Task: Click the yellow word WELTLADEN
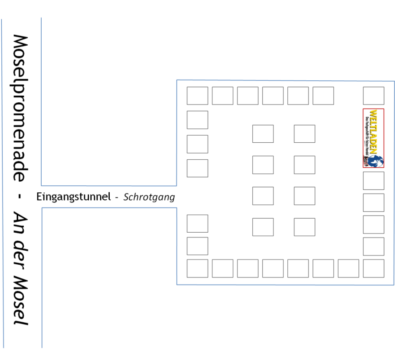[373, 131]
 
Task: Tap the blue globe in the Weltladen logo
[377, 161]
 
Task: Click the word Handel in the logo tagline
[366, 152]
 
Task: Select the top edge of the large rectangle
[285, 80]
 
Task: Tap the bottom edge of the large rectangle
[285, 285]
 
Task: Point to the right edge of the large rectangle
[394, 184]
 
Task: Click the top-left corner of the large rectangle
[177, 80]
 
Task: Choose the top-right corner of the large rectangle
[394, 81]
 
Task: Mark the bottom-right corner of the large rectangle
[394, 285]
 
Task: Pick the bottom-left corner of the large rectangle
[177, 284]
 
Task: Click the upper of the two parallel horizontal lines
[110, 186]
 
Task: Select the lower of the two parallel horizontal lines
[110, 208]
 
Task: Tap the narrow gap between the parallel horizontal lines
[110, 197]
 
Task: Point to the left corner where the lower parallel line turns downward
[42, 208]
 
